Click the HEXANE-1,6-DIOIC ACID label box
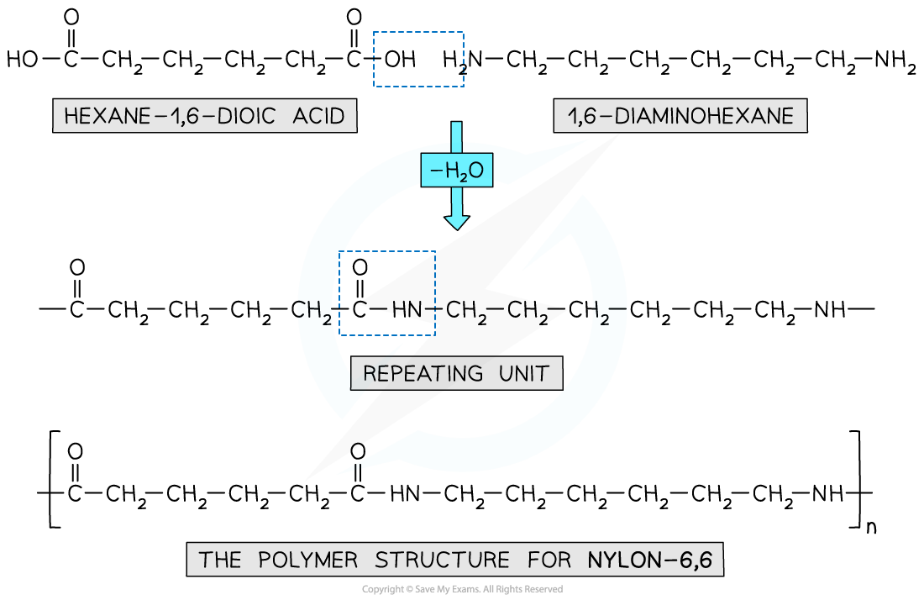tap(204, 116)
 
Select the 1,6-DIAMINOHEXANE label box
tap(680, 116)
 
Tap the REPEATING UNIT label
tap(456, 373)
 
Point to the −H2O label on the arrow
tap(457, 171)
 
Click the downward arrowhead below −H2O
tap(457, 221)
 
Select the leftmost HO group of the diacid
tap(23, 60)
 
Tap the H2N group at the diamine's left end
tap(463, 60)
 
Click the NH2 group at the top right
tap(894, 60)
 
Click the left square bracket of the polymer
tap(52, 479)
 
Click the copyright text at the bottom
tap(462, 589)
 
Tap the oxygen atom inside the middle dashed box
tap(360, 268)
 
